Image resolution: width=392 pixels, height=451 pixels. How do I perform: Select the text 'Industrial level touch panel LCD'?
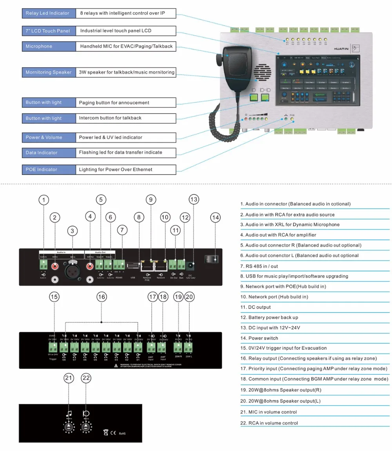tap(116, 31)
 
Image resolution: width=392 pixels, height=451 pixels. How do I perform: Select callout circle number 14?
tap(215, 217)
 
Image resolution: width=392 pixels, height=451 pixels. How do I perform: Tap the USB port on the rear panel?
tap(133, 266)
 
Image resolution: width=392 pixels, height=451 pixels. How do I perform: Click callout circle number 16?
tap(102, 297)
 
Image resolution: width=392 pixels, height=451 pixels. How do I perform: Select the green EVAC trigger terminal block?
tap(53, 347)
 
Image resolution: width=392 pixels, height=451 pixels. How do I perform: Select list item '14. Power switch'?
tap(259, 338)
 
